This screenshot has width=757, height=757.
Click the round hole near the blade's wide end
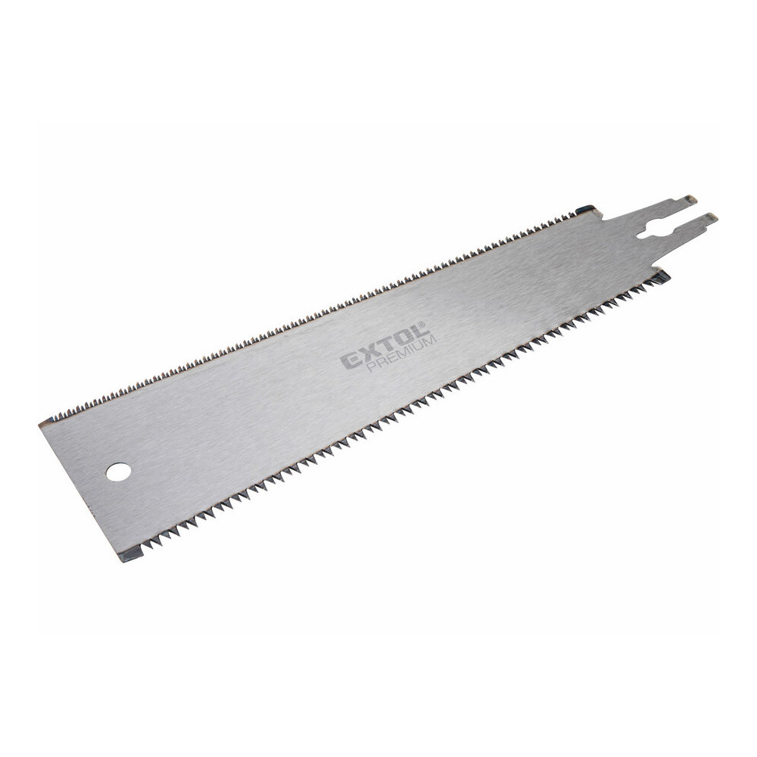(x=119, y=472)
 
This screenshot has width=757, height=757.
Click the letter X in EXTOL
(x=371, y=353)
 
